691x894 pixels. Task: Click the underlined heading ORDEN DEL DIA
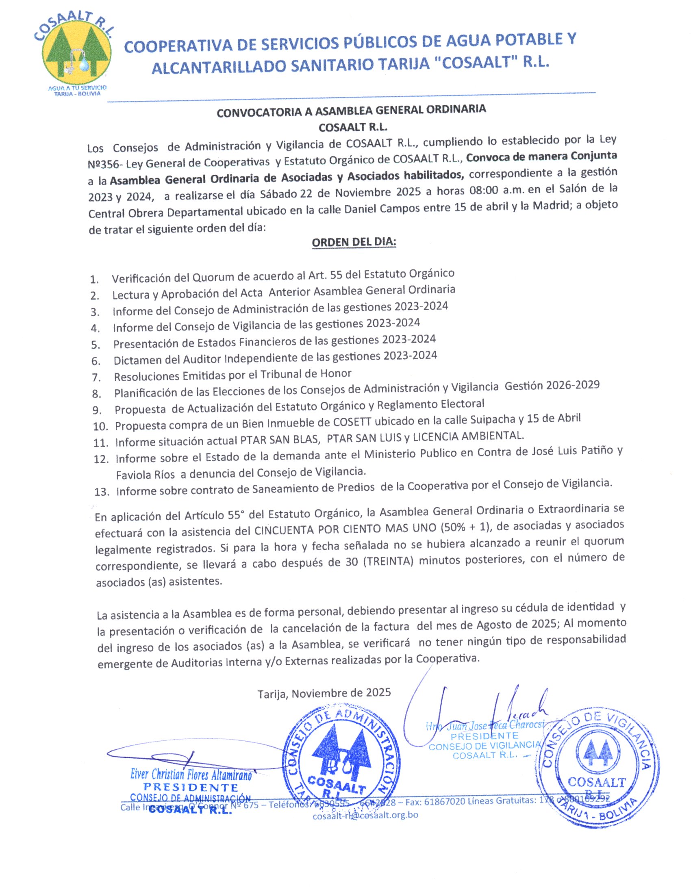pyautogui.click(x=354, y=242)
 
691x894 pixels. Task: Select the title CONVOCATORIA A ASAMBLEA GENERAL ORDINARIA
pyautogui.click(x=351, y=111)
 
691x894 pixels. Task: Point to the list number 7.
pyautogui.click(x=96, y=377)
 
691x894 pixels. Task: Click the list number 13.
pyautogui.click(x=102, y=492)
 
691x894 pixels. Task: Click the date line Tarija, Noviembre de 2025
pyautogui.click(x=324, y=693)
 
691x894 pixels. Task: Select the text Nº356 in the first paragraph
pyautogui.click(x=105, y=164)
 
